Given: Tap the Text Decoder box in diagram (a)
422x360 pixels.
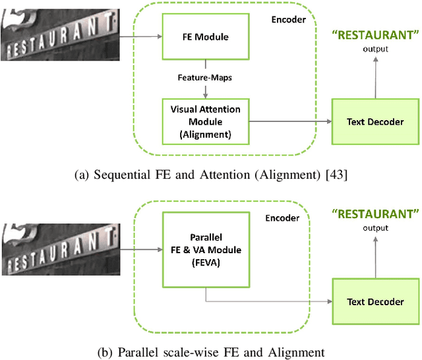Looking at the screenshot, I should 375,121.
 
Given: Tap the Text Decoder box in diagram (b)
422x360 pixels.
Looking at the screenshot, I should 375,301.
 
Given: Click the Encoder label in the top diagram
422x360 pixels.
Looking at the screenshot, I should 288,20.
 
